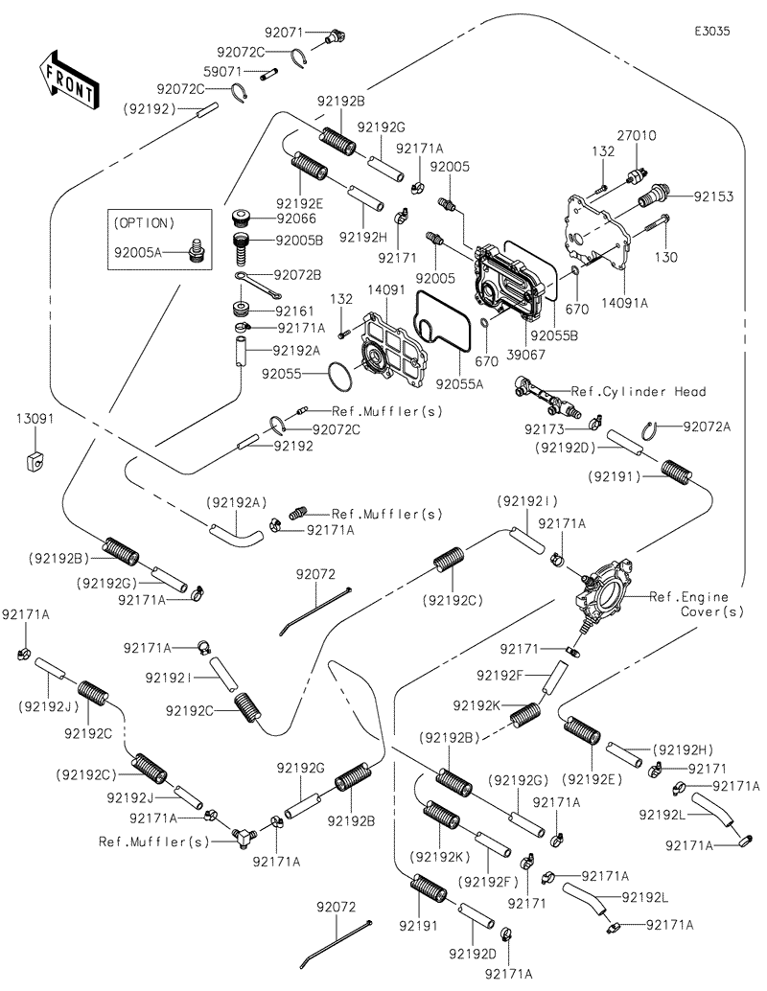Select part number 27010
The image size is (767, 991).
637,136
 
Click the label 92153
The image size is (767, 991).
713,196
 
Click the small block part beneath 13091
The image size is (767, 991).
32,461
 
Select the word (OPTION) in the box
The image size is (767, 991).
145,222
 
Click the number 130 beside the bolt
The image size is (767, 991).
664,257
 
